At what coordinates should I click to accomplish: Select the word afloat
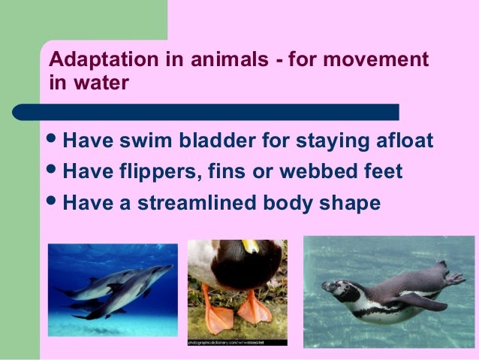click(x=404, y=143)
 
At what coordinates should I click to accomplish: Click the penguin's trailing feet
click(x=453, y=277)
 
